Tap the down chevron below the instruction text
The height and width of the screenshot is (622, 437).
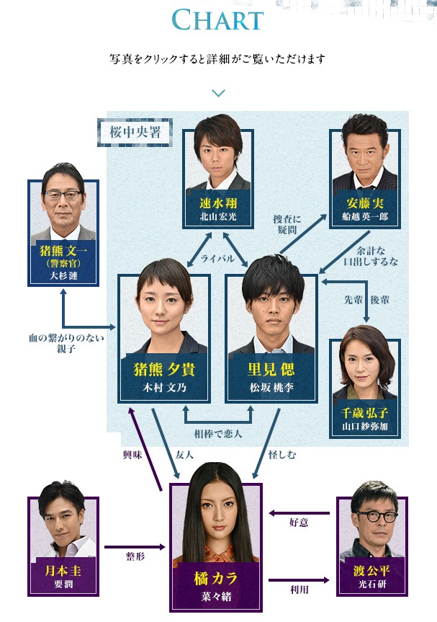point(219,93)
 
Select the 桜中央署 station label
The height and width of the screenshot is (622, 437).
point(135,132)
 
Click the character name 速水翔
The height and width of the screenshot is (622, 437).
point(217,203)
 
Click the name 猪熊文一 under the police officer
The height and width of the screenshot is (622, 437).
point(63,252)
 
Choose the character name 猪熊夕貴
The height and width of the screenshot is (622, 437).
point(164,370)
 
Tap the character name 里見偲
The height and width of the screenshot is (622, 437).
point(272,370)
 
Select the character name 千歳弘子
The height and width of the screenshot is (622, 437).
point(364,413)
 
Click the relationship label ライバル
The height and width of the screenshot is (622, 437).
point(218,258)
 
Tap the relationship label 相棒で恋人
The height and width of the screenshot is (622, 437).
point(218,434)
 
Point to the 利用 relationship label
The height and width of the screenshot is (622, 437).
point(299,588)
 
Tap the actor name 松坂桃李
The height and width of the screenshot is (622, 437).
point(272,388)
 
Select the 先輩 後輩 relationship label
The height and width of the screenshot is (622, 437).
point(368,298)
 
